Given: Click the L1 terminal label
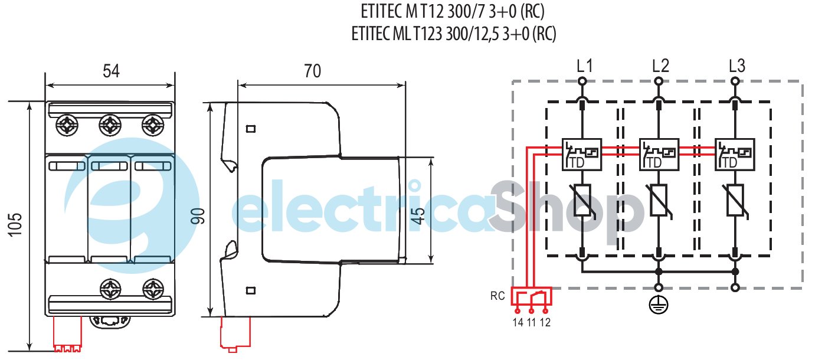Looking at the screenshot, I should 585,66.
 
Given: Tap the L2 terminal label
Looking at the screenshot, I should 660,66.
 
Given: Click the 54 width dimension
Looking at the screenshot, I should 111,71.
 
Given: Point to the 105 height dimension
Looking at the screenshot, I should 16,225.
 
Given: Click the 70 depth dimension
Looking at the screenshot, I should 312,71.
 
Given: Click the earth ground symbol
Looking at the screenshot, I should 658,304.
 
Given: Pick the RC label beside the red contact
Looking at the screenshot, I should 497,296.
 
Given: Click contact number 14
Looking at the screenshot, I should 518,322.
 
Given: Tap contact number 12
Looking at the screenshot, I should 545,322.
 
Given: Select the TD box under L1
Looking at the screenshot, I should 582,155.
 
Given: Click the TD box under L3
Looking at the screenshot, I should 735,155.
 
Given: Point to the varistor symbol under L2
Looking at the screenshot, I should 658,201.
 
